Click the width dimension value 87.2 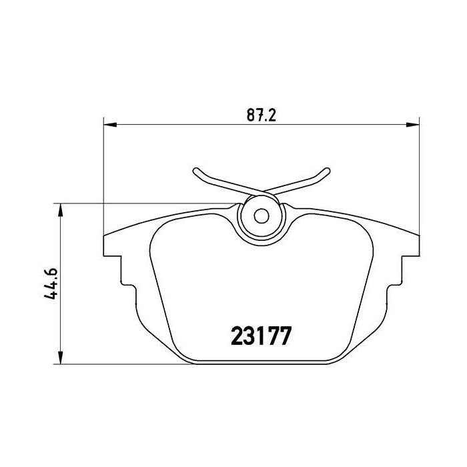tap(261, 114)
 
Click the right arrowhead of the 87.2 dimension tap(415, 124)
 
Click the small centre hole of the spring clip tap(262, 216)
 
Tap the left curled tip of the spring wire tap(195, 173)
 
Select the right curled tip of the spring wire tap(327, 173)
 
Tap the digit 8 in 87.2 tap(251, 114)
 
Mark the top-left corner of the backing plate tap(105, 236)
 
